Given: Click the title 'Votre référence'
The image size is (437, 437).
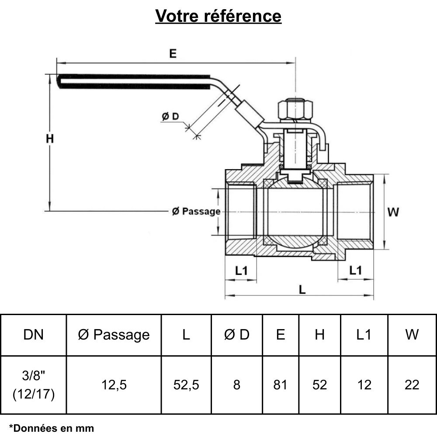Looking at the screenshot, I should [218, 16].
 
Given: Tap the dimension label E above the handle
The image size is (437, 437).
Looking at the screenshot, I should [173, 54].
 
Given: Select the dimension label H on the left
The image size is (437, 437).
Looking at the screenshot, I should [50, 139].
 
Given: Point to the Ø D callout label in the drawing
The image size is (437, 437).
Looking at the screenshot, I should [170, 117].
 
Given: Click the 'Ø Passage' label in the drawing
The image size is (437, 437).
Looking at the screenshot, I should [196, 212].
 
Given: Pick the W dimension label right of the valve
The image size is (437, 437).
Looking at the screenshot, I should [393, 212].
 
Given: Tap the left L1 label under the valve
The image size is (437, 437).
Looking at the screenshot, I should [241, 271].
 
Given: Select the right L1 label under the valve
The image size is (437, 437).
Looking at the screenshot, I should [356, 271].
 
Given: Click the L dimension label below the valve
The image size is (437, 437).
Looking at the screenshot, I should [302, 289].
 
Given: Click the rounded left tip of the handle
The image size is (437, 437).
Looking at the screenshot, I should [60, 82].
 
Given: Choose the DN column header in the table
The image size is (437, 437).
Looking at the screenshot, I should [34, 335].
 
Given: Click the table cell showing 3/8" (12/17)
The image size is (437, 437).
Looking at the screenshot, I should [34, 385].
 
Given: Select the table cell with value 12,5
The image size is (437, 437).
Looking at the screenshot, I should [114, 385].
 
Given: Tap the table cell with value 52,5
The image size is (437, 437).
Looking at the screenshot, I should [186, 385].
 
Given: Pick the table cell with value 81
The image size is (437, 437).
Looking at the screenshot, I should [280, 385].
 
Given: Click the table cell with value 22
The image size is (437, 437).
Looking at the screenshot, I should [412, 385].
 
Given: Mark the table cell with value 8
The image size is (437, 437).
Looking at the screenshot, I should [237, 385].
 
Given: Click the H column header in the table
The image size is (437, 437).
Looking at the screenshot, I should [320, 335].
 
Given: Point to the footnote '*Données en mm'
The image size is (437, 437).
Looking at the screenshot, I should [52, 428].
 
